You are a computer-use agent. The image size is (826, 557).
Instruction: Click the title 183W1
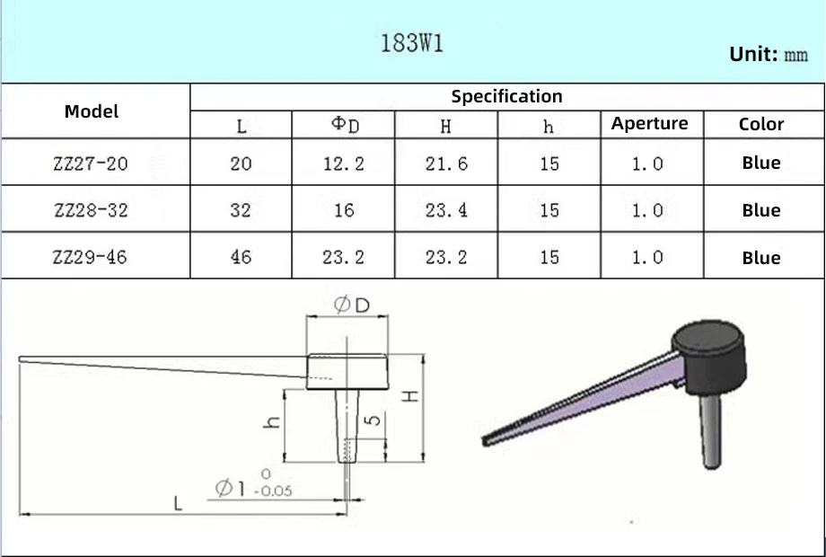411,43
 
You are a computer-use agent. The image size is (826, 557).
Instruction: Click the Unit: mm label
769,54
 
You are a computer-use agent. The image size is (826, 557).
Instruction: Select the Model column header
92,111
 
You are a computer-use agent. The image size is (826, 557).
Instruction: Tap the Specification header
506,96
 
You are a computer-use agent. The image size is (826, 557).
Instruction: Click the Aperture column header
649,123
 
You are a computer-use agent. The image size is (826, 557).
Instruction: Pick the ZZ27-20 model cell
91,164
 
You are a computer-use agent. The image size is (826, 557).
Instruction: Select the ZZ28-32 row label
91,210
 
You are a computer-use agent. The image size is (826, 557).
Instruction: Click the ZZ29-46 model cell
90,257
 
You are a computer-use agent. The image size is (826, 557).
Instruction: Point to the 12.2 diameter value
344,164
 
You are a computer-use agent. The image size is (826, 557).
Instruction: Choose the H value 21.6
446,164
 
